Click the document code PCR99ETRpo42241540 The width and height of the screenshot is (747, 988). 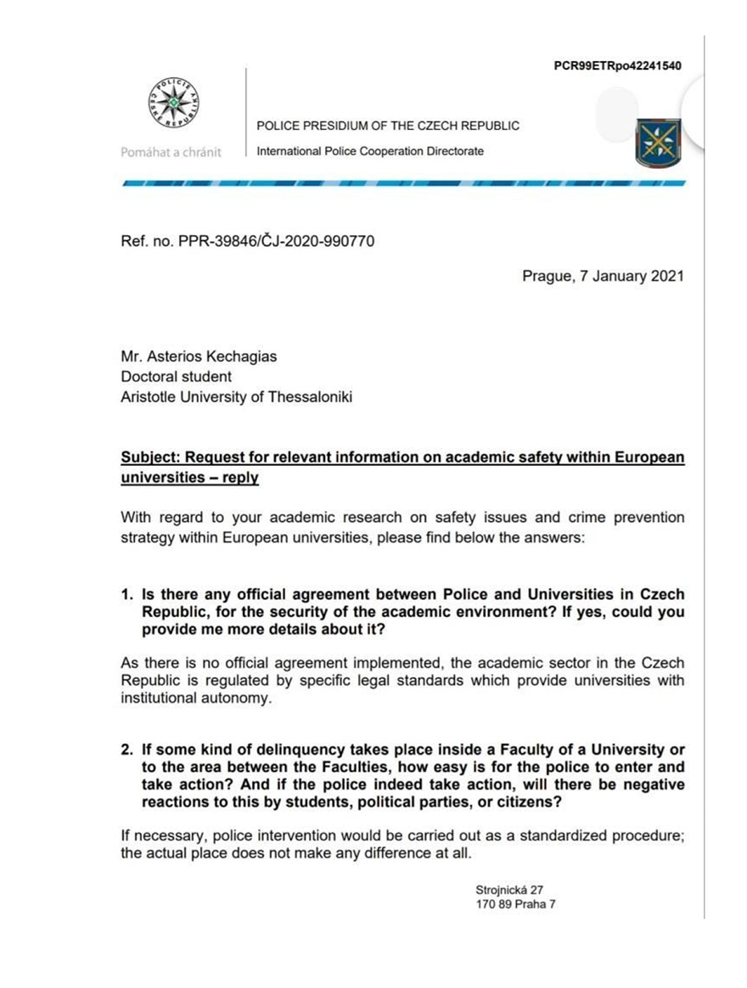click(616, 66)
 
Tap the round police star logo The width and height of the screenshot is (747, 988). click(173, 102)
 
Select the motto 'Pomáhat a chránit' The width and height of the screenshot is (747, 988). click(171, 152)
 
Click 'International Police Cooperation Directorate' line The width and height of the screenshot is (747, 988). click(370, 151)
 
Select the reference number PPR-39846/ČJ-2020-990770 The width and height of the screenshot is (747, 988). click(248, 241)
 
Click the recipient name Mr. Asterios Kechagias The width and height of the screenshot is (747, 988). click(199, 356)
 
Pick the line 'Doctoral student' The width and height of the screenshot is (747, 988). click(177, 376)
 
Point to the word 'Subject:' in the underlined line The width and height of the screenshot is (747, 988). click(152, 458)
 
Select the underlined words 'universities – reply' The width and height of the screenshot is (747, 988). click(190, 478)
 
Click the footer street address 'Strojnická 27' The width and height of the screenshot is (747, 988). click(509, 890)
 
